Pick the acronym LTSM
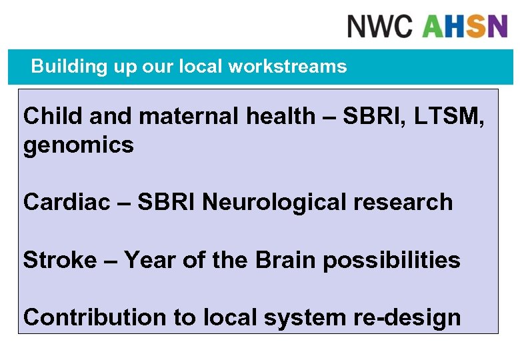(x=442, y=116)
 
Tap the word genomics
(x=79, y=145)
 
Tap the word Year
(x=149, y=259)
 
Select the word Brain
(x=286, y=259)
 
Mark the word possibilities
(x=391, y=259)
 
